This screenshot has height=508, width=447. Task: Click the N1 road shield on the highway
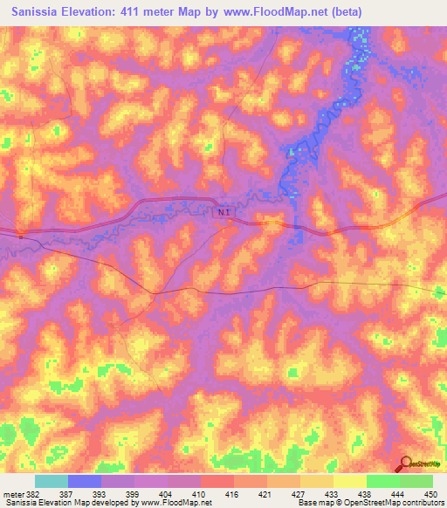pyautogui.click(x=224, y=212)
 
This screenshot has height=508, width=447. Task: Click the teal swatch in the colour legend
pyautogui.click(x=52, y=481)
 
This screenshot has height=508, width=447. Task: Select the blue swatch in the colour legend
pyautogui.click(x=85, y=481)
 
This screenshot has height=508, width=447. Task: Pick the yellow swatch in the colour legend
pyautogui.click(x=349, y=481)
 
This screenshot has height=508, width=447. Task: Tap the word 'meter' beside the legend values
pyautogui.click(x=13, y=494)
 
